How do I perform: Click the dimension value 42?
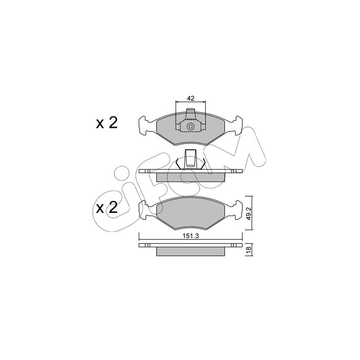pos(190,98)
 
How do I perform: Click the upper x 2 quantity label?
pos(107,123)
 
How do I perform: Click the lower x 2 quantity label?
pos(107,207)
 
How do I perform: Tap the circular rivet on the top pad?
pos(190,126)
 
